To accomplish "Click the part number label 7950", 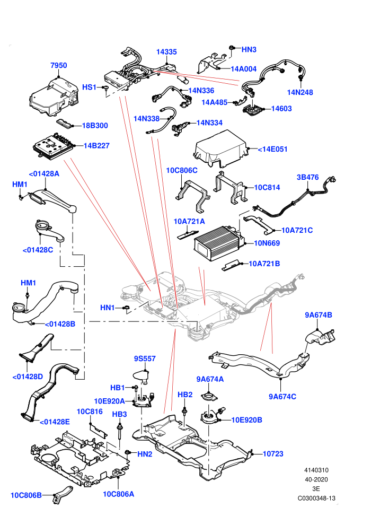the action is [x=58, y=65].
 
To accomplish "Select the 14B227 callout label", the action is [x=96, y=146].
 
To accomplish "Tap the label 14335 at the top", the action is [x=166, y=52].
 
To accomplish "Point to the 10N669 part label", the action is [x=267, y=243].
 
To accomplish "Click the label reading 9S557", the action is [x=145, y=358].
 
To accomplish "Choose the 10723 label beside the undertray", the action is [x=273, y=454].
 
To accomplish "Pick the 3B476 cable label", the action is [x=308, y=177].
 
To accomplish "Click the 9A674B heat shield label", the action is [x=319, y=314].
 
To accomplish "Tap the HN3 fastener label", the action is [x=249, y=49].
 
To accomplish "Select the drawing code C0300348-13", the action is [x=316, y=498].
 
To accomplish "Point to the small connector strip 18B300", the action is [x=65, y=123].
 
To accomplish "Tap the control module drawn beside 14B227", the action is [x=54, y=146].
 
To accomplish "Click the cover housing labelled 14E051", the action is [x=221, y=148].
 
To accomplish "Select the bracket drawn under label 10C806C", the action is [x=192, y=195].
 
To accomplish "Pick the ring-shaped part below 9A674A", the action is [x=209, y=397].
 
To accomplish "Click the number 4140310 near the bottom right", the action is [x=316, y=470].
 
